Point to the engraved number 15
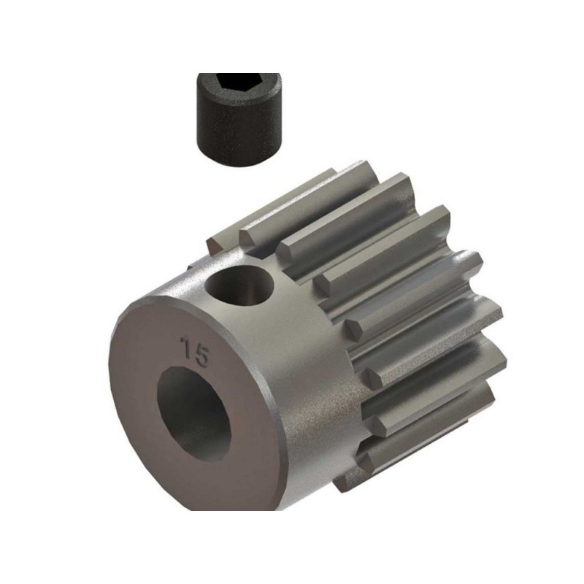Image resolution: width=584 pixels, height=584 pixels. [196, 353]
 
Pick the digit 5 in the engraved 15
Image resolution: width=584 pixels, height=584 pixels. [202, 356]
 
